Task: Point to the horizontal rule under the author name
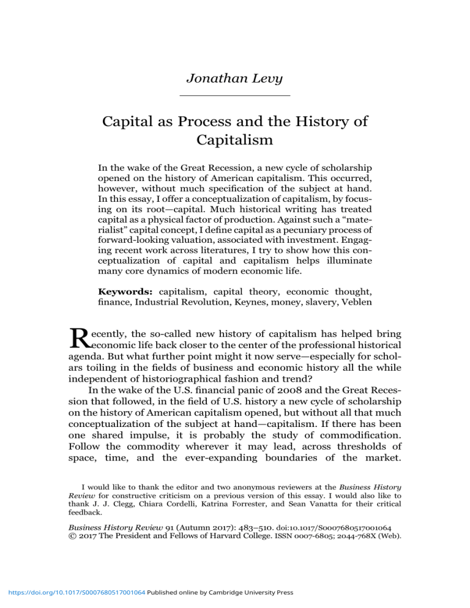(x=235, y=95)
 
